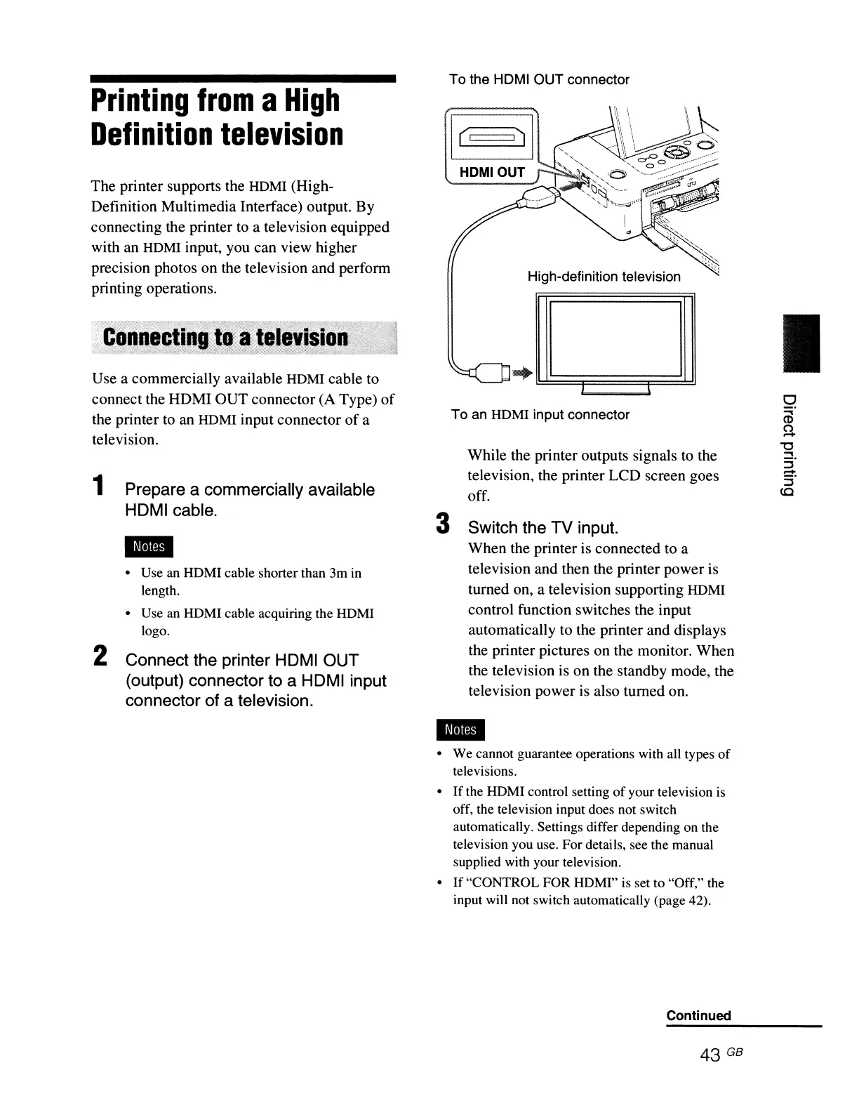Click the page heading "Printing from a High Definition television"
218,117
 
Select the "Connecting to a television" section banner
225,338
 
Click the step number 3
442,524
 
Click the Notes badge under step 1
149,547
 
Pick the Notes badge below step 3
460,730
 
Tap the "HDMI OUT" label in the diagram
492,173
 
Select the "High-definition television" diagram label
604,277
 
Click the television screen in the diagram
615,339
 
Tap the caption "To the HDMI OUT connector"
539,80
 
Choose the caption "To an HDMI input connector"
540,415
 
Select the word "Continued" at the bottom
698,1015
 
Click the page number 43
710,1055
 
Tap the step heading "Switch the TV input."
542,527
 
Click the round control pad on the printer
677,151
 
